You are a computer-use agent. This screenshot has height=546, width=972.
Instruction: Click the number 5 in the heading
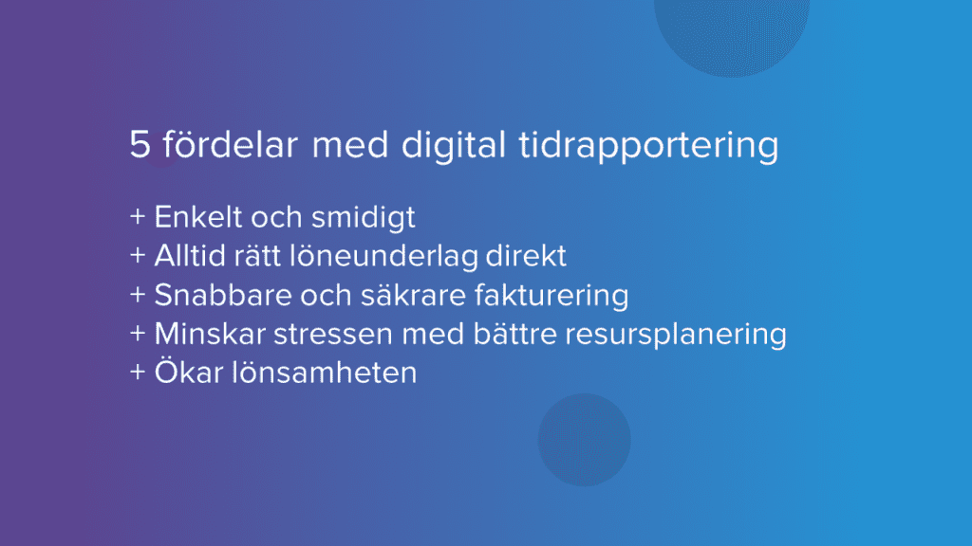pyautogui.click(x=140, y=148)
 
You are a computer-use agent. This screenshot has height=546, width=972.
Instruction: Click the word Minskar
pyautogui.click(x=204, y=335)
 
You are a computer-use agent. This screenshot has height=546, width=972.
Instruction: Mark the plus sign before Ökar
pyautogui.click(x=138, y=373)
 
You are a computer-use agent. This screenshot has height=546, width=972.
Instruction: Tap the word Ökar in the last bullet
pyautogui.click(x=187, y=372)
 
